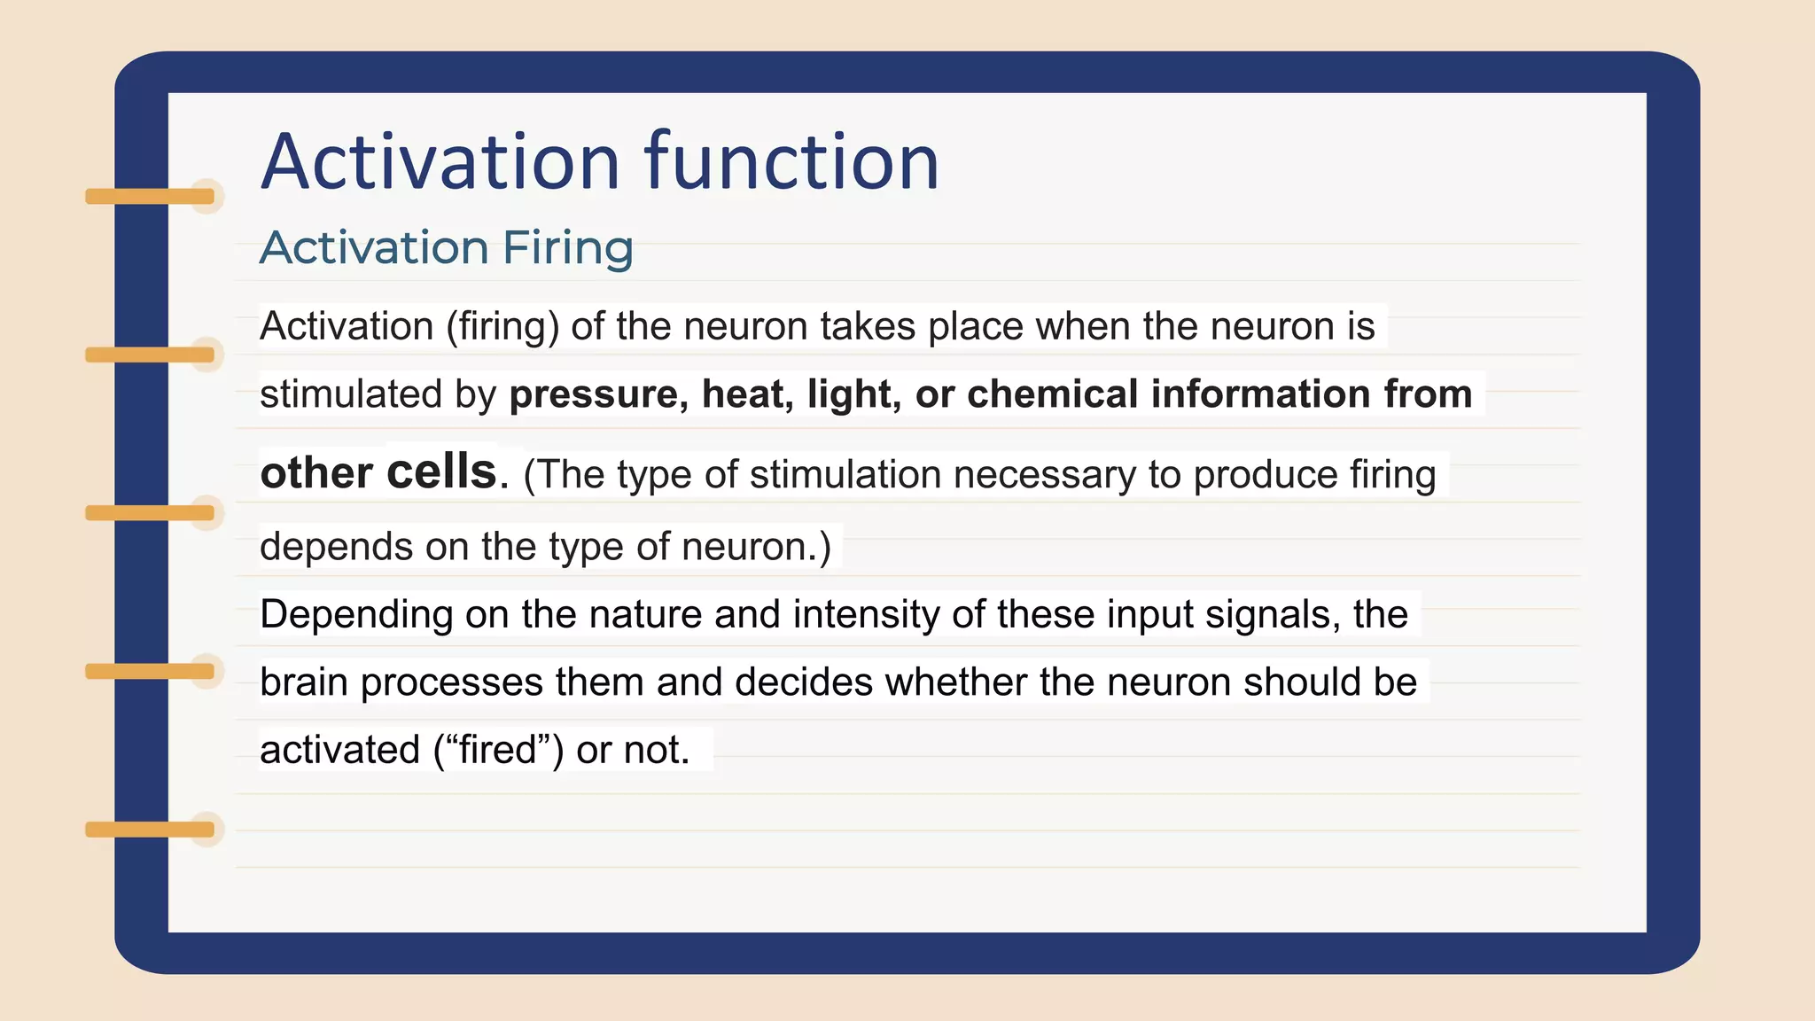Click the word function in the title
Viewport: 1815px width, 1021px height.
(x=791, y=162)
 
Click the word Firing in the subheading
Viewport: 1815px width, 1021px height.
(x=567, y=247)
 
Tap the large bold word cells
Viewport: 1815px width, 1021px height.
(x=441, y=472)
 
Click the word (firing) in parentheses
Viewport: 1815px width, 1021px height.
(x=502, y=327)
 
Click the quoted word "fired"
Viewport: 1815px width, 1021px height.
(x=498, y=750)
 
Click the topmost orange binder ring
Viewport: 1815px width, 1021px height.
(x=150, y=196)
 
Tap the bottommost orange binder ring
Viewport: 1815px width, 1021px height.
(x=150, y=830)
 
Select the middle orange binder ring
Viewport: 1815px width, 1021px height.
(x=150, y=513)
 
